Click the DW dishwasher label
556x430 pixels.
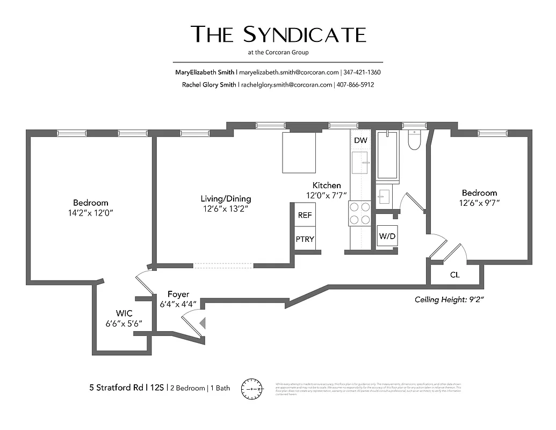pos(360,140)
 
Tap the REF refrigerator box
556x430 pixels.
pos(305,215)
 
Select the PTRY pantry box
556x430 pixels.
pos(305,239)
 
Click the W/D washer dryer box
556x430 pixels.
pos(387,236)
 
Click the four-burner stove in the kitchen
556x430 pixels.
pos(359,213)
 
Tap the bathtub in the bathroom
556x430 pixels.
pos(387,155)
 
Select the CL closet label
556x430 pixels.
pos(455,275)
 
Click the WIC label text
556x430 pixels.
pos(125,313)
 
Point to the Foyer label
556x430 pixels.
pos(178,294)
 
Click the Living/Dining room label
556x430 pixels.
pos(226,199)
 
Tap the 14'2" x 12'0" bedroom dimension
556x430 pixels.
pos(90,213)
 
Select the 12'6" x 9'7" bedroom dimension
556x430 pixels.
pos(479,203)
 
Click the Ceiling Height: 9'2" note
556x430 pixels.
pos(450,300)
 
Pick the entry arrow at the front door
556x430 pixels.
pos(203,323)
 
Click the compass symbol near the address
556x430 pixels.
pos(252,389)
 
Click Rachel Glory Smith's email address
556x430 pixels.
pos(286,85)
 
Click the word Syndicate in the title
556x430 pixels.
pos(305,34)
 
